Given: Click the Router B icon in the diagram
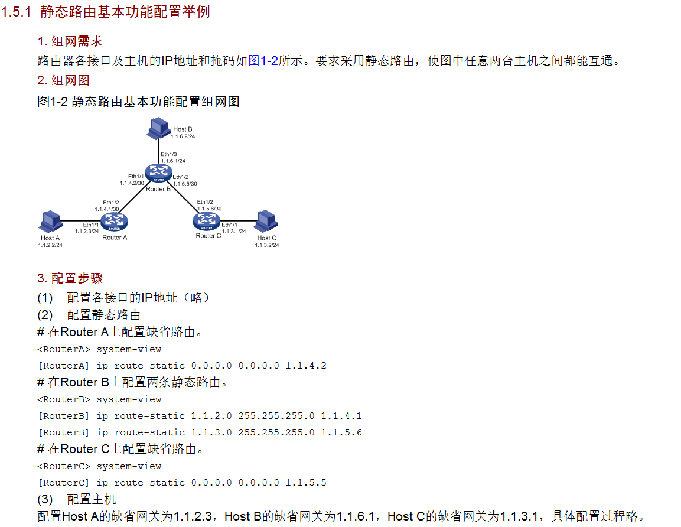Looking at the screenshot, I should coord(158,173).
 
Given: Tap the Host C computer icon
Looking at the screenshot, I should coord(266,222).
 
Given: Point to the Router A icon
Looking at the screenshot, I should coord(114,222).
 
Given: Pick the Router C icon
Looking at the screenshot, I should coord(207,221).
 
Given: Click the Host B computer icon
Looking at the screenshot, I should coord(158,128).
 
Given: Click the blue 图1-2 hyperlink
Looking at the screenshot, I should coord(263,60).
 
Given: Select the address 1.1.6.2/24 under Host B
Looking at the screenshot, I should coord(183,136).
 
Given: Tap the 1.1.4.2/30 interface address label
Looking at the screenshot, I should coord(132,183).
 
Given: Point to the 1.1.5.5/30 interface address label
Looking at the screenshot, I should coord(185,184).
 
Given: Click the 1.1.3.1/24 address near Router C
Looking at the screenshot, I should coord(234,231).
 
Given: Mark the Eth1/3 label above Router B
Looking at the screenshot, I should coord(169,154).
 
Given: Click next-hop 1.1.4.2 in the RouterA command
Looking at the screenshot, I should coord(305,366).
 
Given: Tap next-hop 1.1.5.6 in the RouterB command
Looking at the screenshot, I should coord(341,432).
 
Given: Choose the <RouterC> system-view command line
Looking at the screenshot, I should coord(99,466).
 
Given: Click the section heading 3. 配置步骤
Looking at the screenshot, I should coord(70,278).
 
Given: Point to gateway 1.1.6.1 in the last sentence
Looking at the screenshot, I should coord(356,516).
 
